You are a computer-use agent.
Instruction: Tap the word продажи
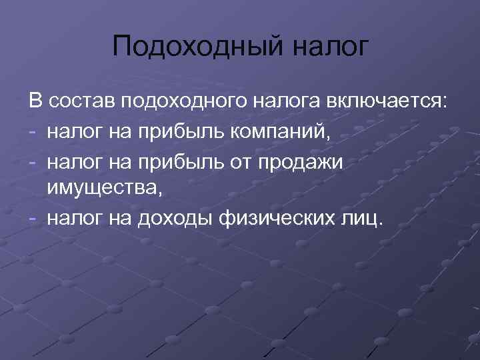point(307,161)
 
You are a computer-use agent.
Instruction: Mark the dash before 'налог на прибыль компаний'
point(33,132)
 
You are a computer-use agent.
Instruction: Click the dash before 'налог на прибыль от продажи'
point(33,161)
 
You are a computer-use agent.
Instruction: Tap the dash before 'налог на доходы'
point(33,219)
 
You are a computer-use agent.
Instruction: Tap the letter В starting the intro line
point(35,103)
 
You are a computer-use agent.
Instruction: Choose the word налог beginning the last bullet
point(69,219)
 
